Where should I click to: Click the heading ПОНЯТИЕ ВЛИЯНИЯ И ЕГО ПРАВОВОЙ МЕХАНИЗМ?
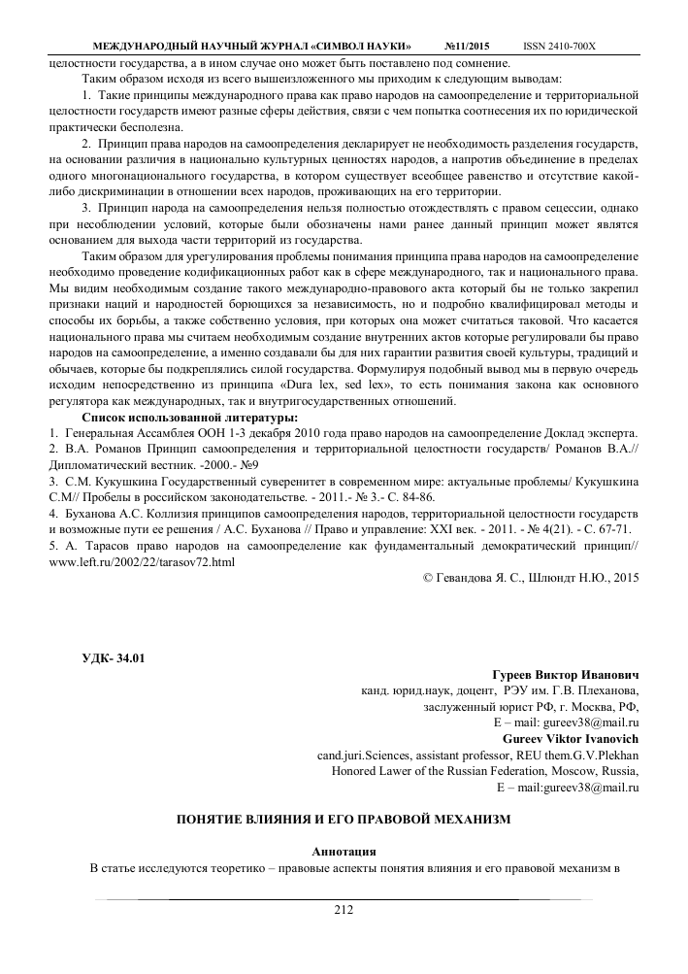[x=343, y=819]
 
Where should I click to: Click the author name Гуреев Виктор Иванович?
[x=567, y=674]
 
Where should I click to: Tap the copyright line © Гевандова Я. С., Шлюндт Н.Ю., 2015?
[x=532, y=577]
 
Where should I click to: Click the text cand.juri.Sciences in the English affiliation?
[x=364, y=756]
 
